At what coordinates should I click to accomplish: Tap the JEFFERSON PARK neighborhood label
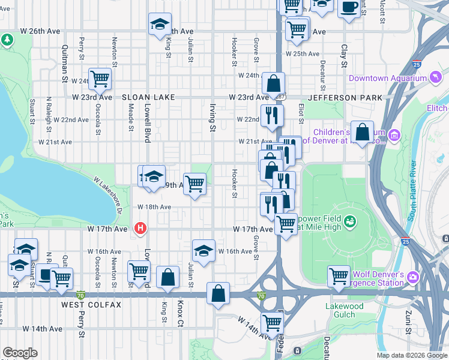341,97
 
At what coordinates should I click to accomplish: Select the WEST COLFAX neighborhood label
91,305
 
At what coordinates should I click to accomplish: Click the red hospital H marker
140,228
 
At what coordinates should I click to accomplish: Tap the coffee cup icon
349,8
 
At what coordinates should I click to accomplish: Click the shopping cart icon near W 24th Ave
100,79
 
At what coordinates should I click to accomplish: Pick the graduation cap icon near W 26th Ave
160,24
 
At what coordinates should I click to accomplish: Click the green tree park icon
7,40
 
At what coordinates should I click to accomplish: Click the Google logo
20,353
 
